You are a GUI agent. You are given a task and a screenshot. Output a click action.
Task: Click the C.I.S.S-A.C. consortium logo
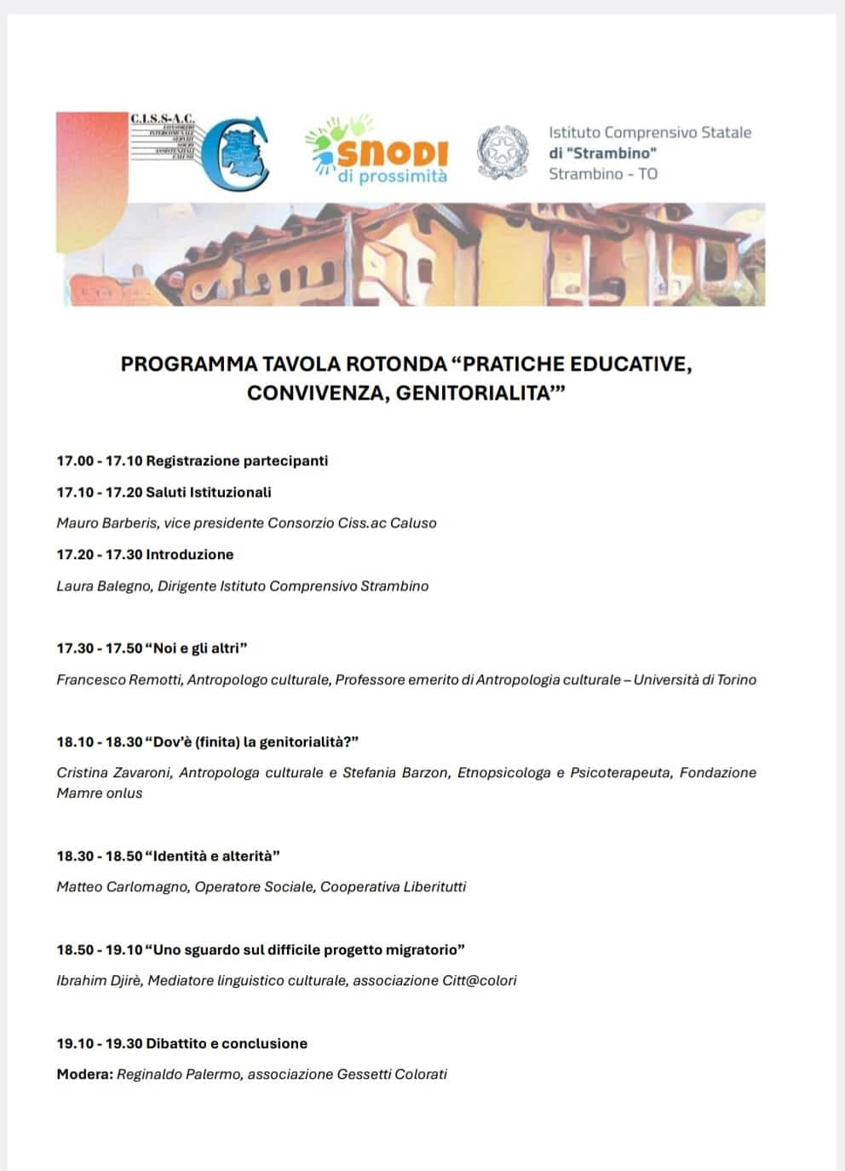click(x=200, y=151)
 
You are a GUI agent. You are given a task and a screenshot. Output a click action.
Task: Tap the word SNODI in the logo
click(x=393, y=153)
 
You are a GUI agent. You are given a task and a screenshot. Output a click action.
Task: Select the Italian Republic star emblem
click(x=502, y=153)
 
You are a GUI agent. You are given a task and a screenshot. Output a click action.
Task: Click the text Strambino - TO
click(x=602, y=174)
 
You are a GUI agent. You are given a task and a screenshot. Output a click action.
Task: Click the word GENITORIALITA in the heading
click(x=477, y=394)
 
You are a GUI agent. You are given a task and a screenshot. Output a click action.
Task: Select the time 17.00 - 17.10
click(x=99, y=461)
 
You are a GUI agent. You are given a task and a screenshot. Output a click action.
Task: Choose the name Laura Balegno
click(x=103, y=586)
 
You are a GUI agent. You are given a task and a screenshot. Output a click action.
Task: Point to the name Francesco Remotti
click(x=119, y=680)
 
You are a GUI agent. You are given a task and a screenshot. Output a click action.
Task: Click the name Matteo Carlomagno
click(x=122, y=887)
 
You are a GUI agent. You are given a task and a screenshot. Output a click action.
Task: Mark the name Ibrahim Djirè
click(x=98, y=981)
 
